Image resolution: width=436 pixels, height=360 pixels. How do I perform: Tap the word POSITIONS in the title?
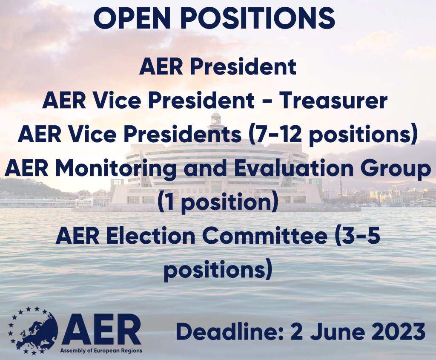click(x=258, y=18)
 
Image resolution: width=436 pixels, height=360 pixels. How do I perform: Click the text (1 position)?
click(x=218, y=202)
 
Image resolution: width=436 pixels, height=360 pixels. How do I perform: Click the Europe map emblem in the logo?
click(x=33, y=331)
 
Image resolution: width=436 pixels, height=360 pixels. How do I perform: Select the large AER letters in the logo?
click(x=101, y=329)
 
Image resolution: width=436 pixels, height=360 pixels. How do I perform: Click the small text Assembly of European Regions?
click(x=101, y=351)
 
